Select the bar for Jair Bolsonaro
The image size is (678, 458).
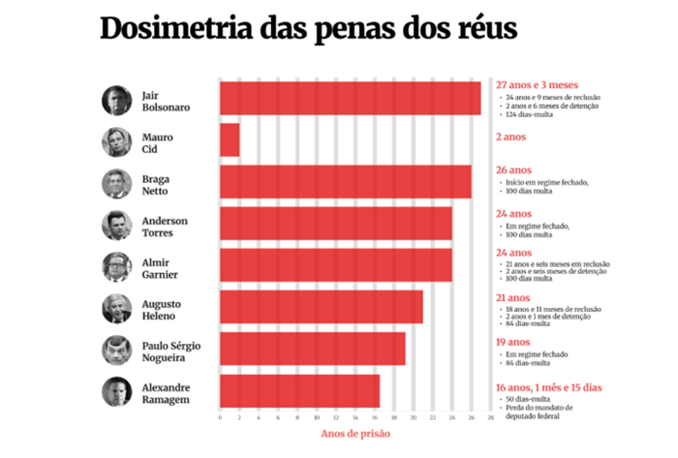350,99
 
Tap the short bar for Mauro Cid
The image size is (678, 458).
230,140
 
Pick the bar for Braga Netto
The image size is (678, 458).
345,182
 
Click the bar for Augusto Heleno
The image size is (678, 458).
321,308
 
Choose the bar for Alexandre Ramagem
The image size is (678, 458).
299,391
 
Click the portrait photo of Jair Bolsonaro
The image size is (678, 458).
116,100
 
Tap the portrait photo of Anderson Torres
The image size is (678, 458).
116,226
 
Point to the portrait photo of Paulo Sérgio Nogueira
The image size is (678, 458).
116,350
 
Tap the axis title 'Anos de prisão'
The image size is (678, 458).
354,435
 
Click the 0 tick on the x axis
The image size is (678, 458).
220,418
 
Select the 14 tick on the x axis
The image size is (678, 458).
355,418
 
